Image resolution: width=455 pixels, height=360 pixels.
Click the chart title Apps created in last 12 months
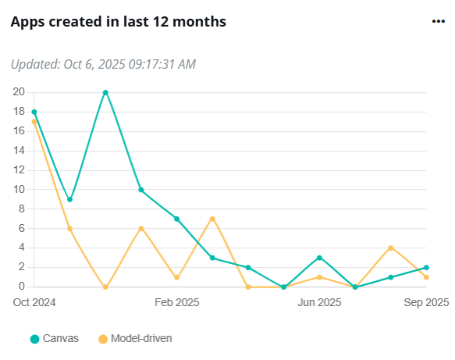pos(118,22)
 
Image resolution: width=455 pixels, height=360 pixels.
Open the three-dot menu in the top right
pos(438,22)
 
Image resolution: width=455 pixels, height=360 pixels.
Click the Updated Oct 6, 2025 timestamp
pos(103,64)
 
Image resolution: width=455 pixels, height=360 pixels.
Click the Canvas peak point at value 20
pos(105,92)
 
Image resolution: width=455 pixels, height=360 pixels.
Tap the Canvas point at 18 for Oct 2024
pos(34,112)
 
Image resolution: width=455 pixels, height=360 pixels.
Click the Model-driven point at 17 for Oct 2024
pos(34,121)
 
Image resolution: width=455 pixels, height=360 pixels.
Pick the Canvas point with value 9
pos(69,199)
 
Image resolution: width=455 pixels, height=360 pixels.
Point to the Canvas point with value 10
pos(141,190)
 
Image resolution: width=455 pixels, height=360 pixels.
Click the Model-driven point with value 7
pos(212,219)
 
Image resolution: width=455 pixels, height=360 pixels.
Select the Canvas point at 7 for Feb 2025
pos(177,219)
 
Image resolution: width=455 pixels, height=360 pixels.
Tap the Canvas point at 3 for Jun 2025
pos(320,258)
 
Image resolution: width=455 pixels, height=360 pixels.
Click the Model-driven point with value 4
pos(391,248)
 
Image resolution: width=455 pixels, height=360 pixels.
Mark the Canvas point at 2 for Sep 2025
pos(427,267)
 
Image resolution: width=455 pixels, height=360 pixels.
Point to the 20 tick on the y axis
pos(18,92)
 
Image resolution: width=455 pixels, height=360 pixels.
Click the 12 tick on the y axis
pos(18,170)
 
